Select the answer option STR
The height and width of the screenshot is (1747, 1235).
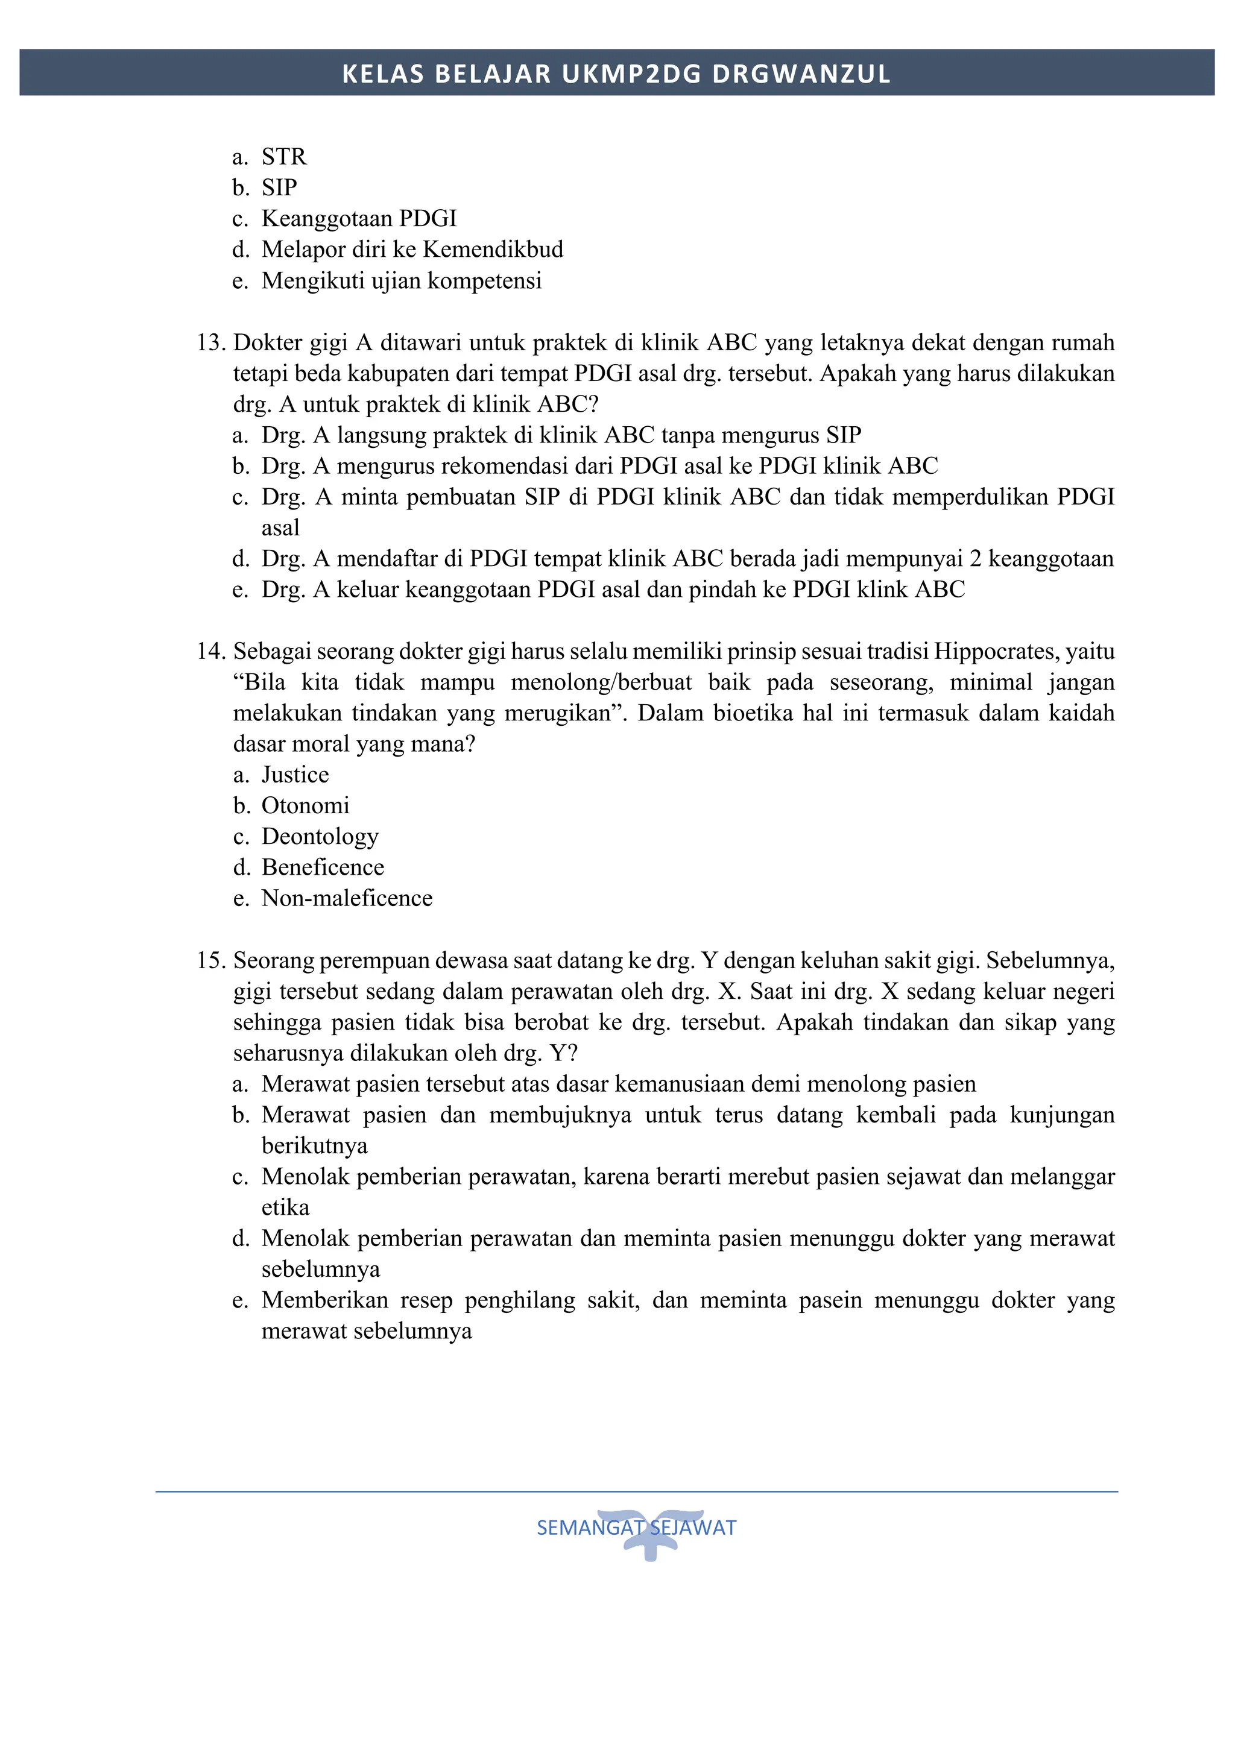(x=284, y=157)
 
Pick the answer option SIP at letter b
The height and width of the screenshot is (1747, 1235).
(x=279, y=187)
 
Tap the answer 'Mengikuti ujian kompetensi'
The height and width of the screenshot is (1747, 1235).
(x=401, y=281)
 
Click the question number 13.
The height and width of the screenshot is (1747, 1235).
(x=211, y=343)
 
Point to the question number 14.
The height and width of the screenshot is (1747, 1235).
(x=211, y=651)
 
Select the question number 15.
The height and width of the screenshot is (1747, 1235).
(x=211, y=961)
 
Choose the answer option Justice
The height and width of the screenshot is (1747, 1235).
(x=295, y=775)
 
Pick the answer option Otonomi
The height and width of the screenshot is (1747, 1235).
(x=305, y=806)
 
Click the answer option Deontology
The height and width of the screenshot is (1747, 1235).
(x=320, y=836)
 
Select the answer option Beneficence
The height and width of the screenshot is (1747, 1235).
(x=323, y=867)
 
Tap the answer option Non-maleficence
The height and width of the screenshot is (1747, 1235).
(x=347, y=899)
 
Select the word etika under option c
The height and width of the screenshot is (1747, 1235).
(x=285, y=1208)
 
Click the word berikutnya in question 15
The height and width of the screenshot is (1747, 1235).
(x=314, y=1146)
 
